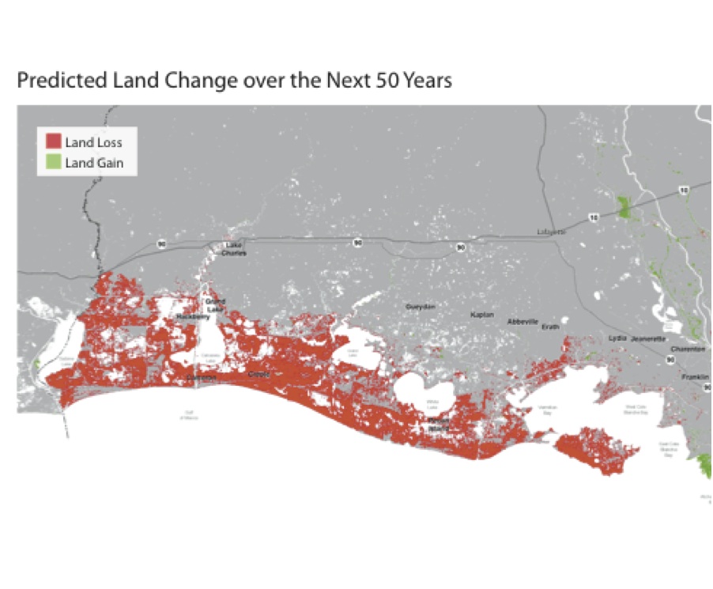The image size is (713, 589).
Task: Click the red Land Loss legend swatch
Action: pyautogui.click(x=54, y=142)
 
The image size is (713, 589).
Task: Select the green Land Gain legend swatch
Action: pyautogui.click(x=54, y=163)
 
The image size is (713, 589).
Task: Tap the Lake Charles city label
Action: pyautogui.click(x=235, y=249)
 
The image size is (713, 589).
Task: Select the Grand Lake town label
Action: pyautogui.click(x=215, y=305)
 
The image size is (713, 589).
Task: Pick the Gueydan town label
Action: pyautogui.click(x=420, y=306)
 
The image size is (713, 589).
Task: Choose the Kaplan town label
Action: pyautogui.click(x=481, y=315)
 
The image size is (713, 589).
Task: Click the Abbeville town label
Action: pyautogui.click(x=522, y=322)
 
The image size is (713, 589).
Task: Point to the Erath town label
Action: pyautogui.click(x=550, y=327)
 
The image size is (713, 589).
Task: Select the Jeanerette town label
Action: pyautogui.click(x=649, y=338)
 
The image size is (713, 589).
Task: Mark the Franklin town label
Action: pyautogui.click(x=696, y=377)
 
